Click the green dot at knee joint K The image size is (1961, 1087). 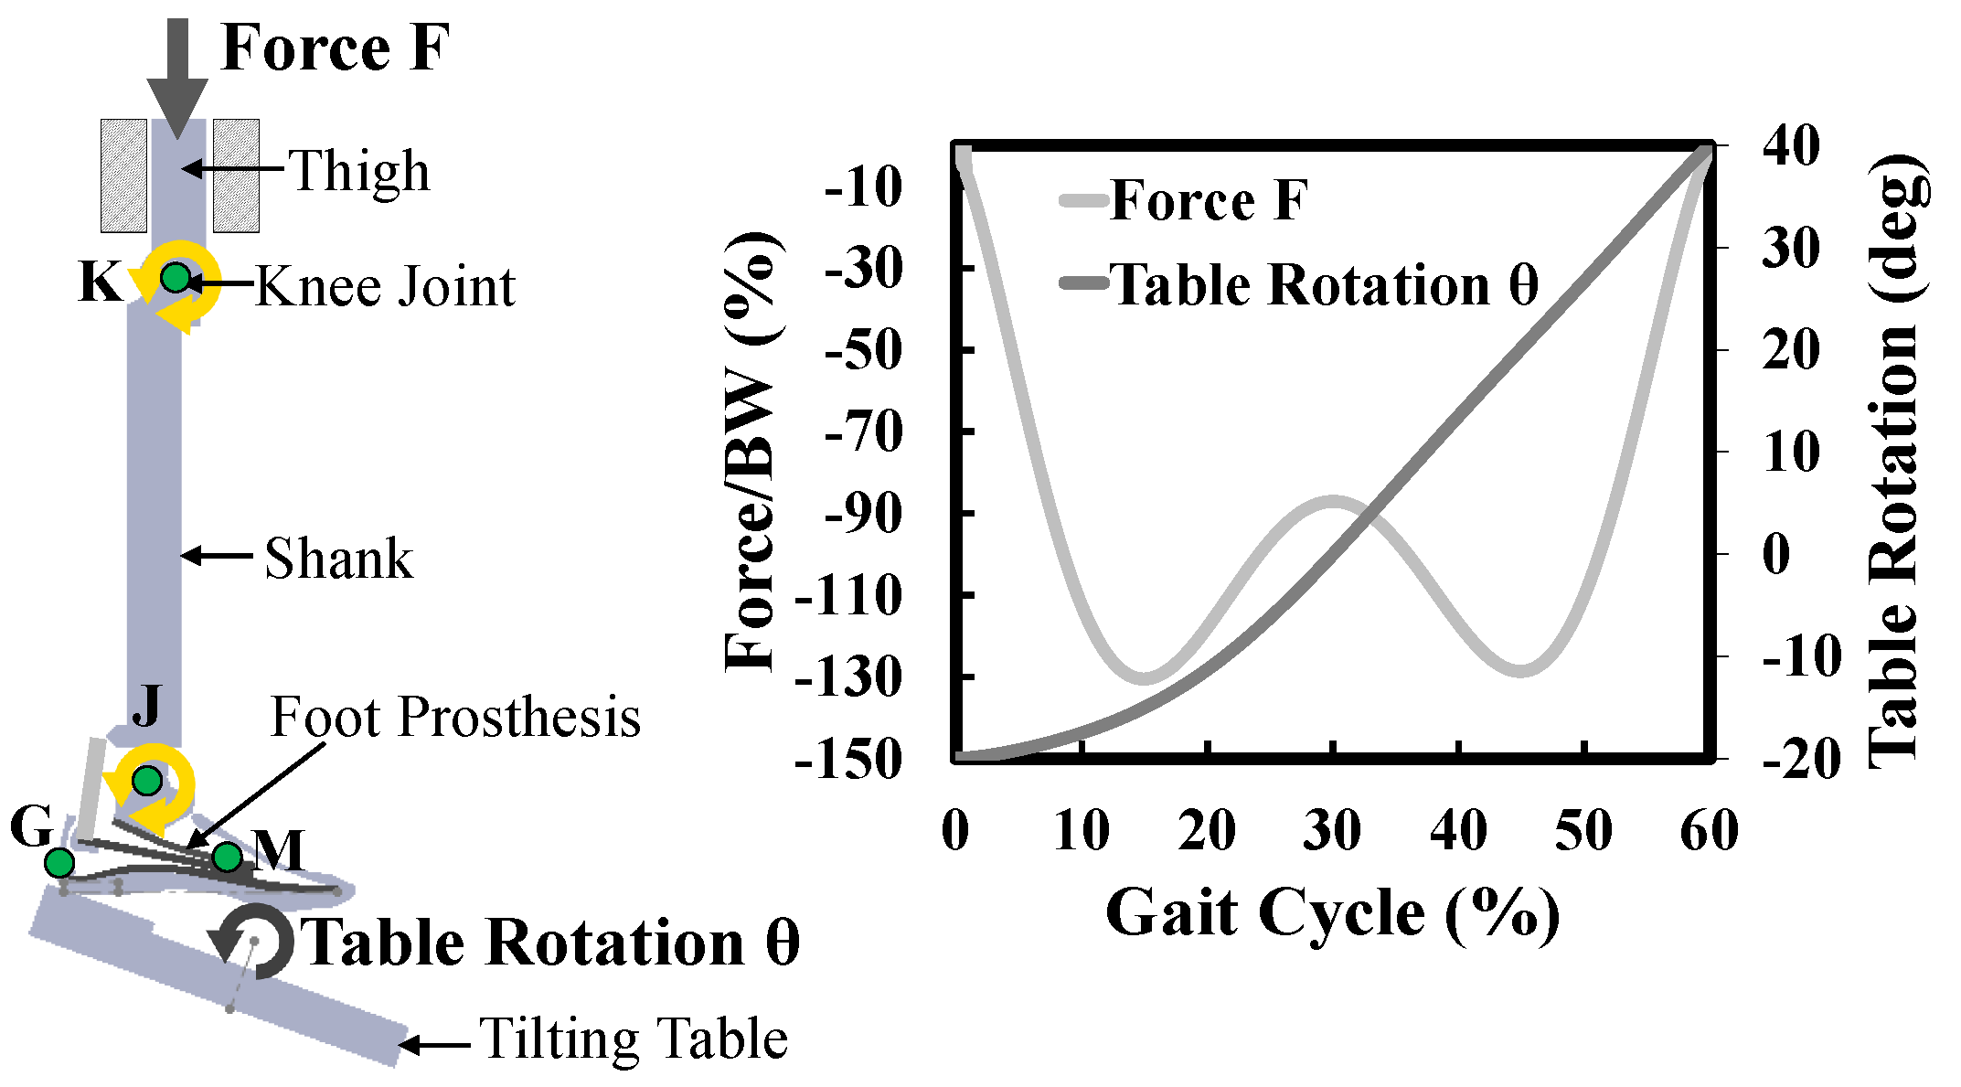[x=175, y=277]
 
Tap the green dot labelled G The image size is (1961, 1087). [x=59, y=862]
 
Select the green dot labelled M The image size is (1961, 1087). [x=227, y=857]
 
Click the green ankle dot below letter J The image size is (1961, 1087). [x=147, y=781]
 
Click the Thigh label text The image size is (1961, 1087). [x=359, y=172]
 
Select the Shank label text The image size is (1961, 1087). [x=338, y=559]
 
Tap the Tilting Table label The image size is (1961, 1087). [x=634, y=1039]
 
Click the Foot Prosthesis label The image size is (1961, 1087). [x=455, y=717]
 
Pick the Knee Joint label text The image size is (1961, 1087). [x=385, y=287]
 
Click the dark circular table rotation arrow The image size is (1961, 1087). [x=256, y=941]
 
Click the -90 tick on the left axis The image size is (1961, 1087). [x=863, y=514]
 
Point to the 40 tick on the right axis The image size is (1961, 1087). [x=1791, y=146]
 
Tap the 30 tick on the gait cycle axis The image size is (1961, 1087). [x=1332, y=830]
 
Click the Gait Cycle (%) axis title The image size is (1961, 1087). [x=1332, y=913]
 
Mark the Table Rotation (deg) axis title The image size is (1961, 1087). [x=1897, y=462]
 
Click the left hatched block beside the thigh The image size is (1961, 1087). [x=123, y=175]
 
